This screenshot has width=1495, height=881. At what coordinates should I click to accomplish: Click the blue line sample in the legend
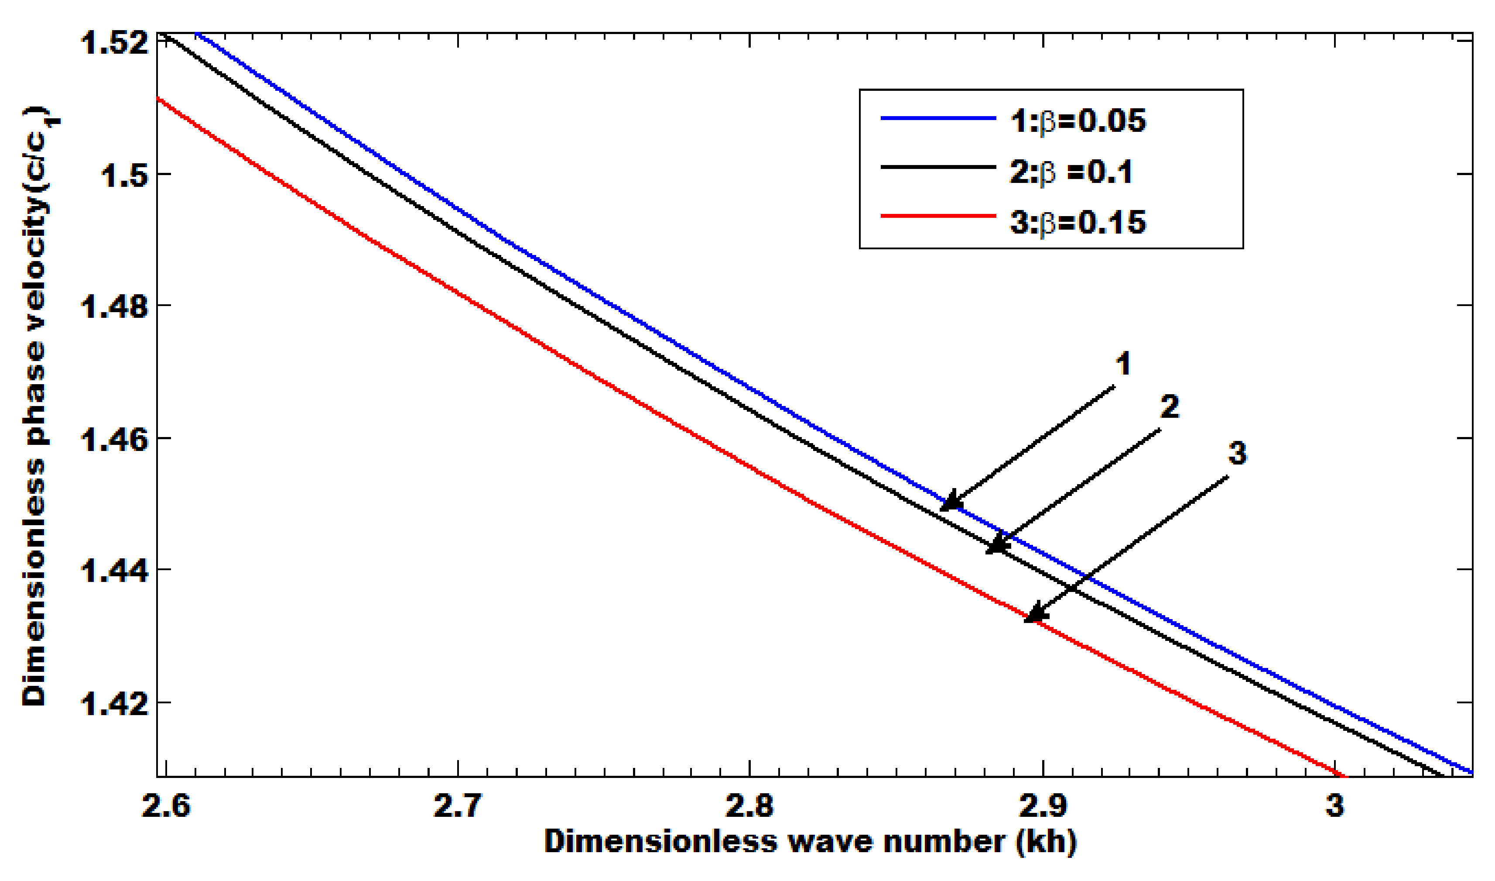point(938,119)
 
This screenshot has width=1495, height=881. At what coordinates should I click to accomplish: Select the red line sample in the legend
point(938,216)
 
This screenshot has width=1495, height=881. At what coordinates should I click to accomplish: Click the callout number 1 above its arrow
point(1123,363)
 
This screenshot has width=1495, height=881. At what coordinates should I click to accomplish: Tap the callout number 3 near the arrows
point(1237,453)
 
